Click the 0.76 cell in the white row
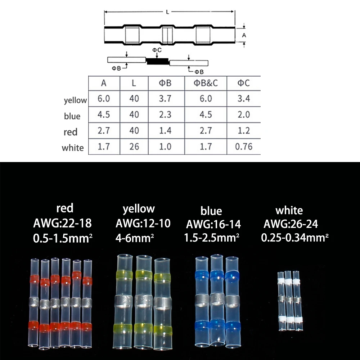coord(244,147)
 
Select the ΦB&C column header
coord(205,84)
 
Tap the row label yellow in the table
coord(75,100)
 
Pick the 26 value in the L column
coord(134,147)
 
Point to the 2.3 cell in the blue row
coord(165,114)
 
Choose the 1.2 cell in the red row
coord(244,130)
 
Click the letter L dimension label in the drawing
coord(168,12)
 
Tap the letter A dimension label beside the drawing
coord(244,35)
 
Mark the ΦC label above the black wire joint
coord(157,50)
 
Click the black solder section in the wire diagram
coord(158,62)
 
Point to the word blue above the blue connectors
coord(211,211)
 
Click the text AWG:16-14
coord(213,225)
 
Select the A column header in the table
coord(104,84)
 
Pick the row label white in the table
coord(73,148)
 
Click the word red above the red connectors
coord(65,208)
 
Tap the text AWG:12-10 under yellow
coord(143,224)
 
